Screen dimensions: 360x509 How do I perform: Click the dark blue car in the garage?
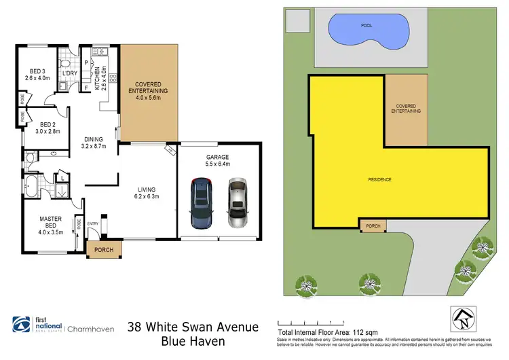pyautogui.click(x=201, y=203)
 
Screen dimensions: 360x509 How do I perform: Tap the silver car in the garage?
pyautogui.click(x=238, y=203)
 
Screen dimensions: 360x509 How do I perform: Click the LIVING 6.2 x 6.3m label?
pyautogui.click(x=146, y=193)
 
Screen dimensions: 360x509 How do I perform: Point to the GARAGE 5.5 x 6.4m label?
pyautogui.click(x=217, y=161)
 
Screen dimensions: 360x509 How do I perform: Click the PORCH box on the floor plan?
pyautogui.click(x=104, y=249)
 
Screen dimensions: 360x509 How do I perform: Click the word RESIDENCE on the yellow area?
pyautogui.click(x=380, y=179)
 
